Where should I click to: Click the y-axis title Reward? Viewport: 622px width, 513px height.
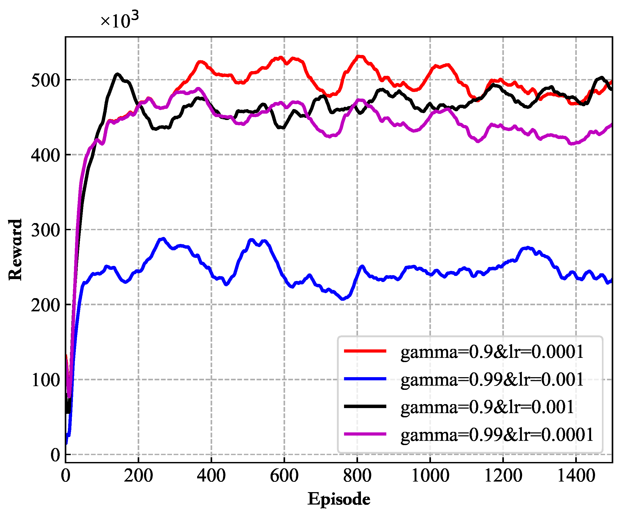(x=15, y=250)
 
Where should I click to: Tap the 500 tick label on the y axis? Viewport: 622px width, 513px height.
(x=45, y=80)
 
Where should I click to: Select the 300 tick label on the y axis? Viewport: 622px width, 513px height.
(x=45, y=230)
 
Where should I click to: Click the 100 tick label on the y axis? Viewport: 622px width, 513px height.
(x=45, y=380)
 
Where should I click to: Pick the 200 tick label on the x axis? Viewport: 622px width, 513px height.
(x=138, y=476)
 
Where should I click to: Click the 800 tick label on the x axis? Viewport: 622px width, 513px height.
(x=357, y=476)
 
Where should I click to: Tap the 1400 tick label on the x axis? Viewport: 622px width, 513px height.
(x=576, y=476)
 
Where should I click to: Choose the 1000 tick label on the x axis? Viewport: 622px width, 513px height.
(x=430, y=476)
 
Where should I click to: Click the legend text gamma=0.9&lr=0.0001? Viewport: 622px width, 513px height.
(x=492, y=352)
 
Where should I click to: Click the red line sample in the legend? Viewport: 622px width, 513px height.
(x=365, y=351)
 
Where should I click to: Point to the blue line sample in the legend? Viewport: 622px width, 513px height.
(x=365, y=378)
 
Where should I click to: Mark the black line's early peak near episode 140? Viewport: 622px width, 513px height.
(x=117, y=74)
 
